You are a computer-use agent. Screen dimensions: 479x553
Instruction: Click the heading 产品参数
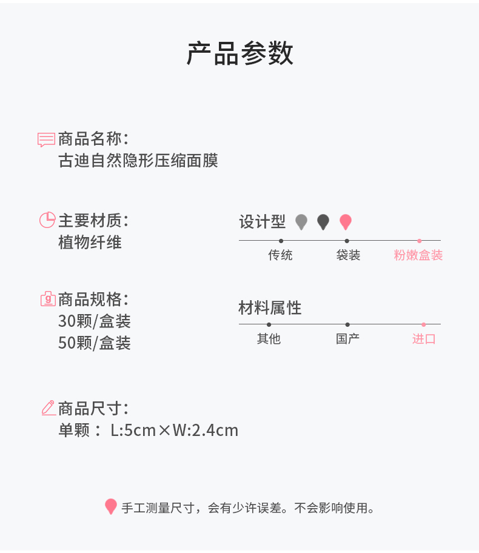[239, 53]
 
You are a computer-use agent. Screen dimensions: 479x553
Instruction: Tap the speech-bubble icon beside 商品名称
[46, 139]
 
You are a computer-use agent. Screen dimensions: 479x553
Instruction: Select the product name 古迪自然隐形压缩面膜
[138, 161]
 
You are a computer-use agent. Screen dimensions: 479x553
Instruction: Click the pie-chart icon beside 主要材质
[47, 220]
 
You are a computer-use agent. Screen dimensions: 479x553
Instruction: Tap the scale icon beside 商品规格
[47, 299]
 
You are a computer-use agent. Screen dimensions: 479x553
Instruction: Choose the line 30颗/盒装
[94, 321]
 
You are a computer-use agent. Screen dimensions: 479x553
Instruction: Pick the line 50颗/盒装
[94, 343]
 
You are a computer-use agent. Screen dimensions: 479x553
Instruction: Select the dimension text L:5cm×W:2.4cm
[174, 431]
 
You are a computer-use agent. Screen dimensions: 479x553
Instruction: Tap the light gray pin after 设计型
[301, 222]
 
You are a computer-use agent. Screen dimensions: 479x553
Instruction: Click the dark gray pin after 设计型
[323, 222]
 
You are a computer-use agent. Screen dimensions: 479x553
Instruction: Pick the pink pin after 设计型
[345, 222]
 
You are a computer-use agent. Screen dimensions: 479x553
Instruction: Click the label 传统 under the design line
[280, 255]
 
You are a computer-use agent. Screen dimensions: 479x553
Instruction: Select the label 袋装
[348, 255]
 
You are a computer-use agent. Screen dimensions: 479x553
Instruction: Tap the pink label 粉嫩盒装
[418, 255]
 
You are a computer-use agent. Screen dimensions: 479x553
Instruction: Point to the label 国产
[347, 339]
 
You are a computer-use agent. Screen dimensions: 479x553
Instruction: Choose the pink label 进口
[424, 339]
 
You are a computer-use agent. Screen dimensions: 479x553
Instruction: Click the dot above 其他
[269, 324]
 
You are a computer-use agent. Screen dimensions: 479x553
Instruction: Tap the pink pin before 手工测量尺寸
[110, 506]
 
